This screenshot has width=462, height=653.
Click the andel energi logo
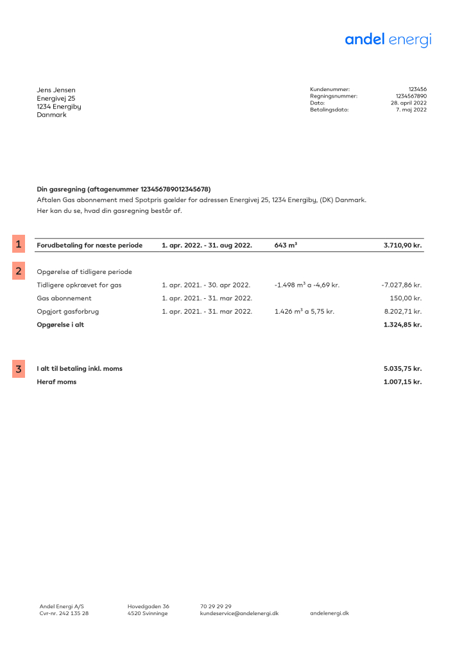(388, 40)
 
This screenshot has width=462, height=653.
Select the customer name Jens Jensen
(56, 90)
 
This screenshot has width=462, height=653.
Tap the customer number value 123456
(417, 89)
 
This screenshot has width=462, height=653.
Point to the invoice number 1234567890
(411, 96)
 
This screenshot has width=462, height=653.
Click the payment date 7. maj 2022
(411, 110)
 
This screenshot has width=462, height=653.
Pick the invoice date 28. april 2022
(409, 103)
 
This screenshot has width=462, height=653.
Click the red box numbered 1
(19, 244)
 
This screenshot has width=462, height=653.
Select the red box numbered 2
(19, 271)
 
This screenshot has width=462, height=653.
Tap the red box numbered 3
(19, 369)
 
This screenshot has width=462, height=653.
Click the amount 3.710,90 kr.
(402, 245)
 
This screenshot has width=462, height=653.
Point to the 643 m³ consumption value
(286, 245)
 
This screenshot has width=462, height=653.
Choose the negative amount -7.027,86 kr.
(401, 284)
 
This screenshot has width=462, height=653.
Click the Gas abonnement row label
(64, 298)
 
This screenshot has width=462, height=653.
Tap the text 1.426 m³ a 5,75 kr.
(304, 311)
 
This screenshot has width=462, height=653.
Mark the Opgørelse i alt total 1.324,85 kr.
(402, 325)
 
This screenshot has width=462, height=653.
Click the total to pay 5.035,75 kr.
(402, 369)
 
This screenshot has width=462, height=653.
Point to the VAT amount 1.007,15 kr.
(402, 382)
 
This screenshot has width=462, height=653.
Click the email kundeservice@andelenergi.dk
(239, 613)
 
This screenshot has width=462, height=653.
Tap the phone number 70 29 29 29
(216, 606)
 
